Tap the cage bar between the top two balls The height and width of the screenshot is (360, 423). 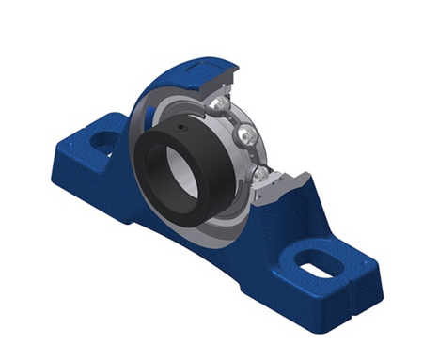coord(234,118)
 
